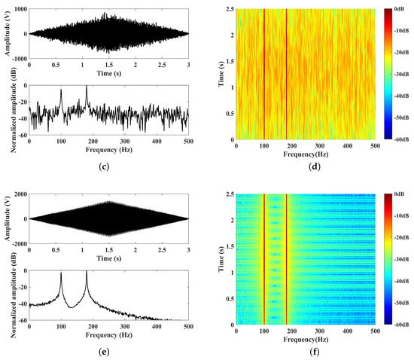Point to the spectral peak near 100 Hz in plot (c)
pos(75,98)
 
